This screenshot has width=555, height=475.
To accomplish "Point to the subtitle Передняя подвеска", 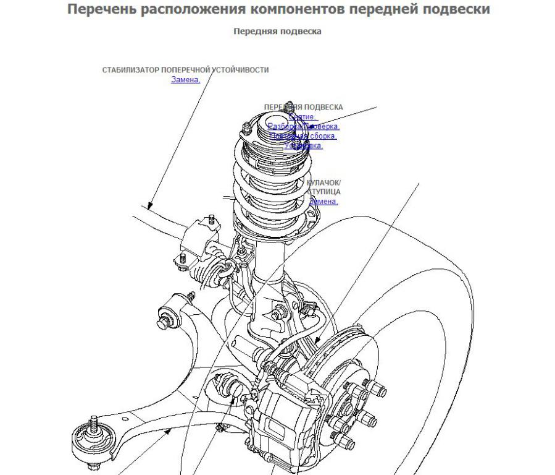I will pos(277,31).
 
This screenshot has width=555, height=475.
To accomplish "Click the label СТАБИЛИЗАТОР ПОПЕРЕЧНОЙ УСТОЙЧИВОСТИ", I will pos(185,70).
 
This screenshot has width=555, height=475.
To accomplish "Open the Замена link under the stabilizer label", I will pos(185,79).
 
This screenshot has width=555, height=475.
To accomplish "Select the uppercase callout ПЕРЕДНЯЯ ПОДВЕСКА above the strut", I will pos(303,107).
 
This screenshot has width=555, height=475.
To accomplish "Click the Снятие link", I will pos(302,116).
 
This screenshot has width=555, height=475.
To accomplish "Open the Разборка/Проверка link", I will pos(303,126).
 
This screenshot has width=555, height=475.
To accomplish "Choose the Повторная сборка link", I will pos(303,135).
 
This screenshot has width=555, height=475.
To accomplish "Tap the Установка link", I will pos(303,145).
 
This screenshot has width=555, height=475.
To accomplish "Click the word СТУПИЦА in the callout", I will pos(323,192).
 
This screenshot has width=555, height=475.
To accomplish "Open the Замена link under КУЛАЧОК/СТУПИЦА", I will pos(323,201).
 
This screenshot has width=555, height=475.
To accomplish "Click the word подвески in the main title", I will pos(458,10).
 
